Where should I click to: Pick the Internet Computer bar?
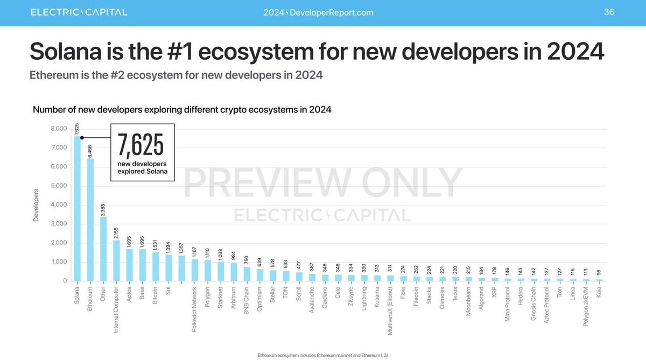[x=117, y=260]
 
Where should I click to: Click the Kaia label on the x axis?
[x=599, y=293]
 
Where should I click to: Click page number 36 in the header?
[x=609, y=12]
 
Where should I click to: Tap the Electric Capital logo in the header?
[x=79, y=12]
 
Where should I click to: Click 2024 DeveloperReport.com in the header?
[x=318, y=12]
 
